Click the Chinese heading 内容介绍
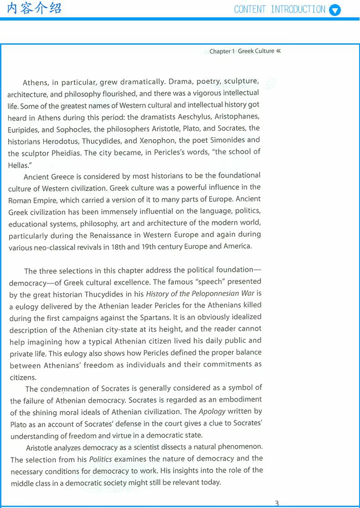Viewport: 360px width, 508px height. click(35, 8)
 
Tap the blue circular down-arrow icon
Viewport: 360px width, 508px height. click(335, 10)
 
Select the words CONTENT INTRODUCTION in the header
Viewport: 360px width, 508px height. click(279, 10)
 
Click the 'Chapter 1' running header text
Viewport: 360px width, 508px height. click(222, 52)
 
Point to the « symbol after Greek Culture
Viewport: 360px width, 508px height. click(278, 51)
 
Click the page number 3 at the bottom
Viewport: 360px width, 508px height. click(277, 503)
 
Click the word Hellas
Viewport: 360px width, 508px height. click(17, 166)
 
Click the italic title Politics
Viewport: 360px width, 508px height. click(100, 460)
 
